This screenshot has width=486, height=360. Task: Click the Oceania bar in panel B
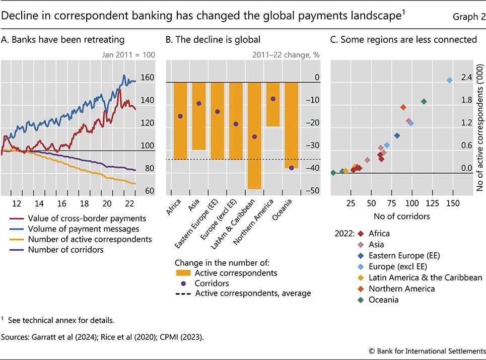point(292,125)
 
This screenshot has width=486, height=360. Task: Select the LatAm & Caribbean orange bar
point(254,135)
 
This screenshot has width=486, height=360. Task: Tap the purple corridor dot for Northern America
point(273,99)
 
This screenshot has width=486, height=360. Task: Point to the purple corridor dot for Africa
point(180,116)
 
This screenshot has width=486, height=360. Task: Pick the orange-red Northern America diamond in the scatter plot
point(403,107)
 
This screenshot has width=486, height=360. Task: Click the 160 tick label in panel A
point(147,79)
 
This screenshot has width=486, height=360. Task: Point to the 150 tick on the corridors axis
point(453,203)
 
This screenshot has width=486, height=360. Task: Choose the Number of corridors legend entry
point(66,249)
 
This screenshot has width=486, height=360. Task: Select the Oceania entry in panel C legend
point(384,300)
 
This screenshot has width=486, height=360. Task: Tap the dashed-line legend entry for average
point(252,293)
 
